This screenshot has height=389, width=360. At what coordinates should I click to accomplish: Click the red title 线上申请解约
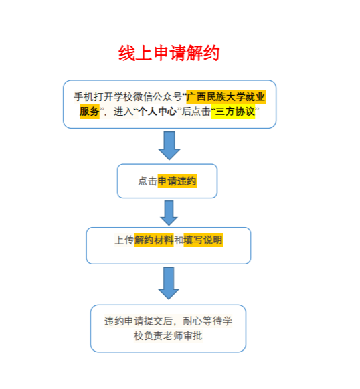click(x=169, y=53)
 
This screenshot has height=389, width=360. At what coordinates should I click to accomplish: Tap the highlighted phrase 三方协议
click(x=235, y=111)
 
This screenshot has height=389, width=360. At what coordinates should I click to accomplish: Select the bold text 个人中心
click(x=157, y=111)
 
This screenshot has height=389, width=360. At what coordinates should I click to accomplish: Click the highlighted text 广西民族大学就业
click(x=226, y=96)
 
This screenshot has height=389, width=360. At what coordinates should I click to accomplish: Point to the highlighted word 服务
click(x=90, y=111)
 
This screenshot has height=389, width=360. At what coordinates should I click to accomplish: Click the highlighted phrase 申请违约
click(x=177, y=181)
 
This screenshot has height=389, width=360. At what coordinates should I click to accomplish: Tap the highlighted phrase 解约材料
click(x=154, y=240)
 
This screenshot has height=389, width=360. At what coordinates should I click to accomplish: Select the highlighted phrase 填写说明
click(x=203, y=240)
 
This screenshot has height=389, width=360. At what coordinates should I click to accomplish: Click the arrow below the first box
click(x=169, y=145)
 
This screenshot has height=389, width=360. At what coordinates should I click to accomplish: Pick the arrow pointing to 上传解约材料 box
click(x=169, y=213)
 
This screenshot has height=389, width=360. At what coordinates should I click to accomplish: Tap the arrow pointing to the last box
click(x=169, y=283)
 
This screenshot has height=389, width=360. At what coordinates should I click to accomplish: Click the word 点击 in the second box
click(x=147, y=181)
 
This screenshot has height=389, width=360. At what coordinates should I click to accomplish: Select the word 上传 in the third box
click(x=124, y=240)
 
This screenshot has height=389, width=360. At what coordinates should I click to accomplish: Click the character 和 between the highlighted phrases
click(x=179, y=240)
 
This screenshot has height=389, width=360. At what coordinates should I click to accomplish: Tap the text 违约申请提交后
click(x=139, y=321)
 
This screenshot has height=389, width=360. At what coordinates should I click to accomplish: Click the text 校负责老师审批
click(x=168, y=336)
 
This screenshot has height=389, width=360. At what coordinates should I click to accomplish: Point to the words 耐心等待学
click(x=207, y=321)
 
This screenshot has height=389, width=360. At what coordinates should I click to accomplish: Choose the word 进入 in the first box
click(x=124, y=111)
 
